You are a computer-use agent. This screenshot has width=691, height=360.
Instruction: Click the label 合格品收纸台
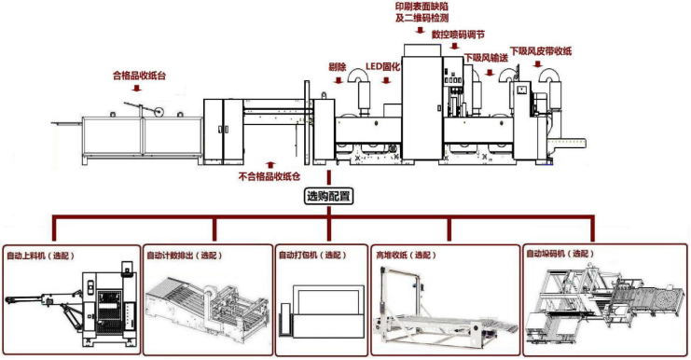(x=140, y=75)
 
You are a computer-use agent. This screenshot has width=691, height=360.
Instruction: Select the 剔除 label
(x=338, y=67)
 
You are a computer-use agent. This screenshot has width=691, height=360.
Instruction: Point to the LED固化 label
(x=385, y=67)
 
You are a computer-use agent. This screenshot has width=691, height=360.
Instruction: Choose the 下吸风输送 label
(x=486, y=57)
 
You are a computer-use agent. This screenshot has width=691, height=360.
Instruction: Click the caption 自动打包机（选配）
(x=311, y=255)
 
